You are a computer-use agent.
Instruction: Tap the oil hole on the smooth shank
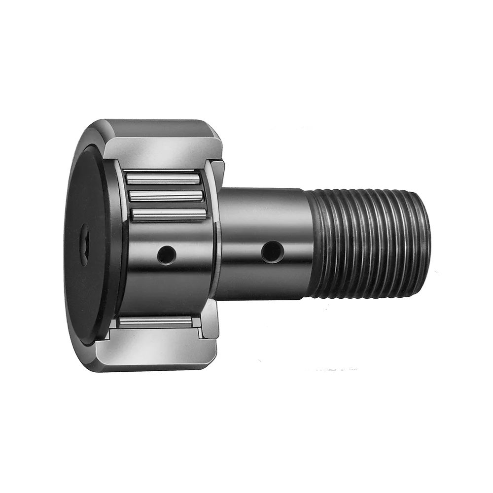click(272, 252)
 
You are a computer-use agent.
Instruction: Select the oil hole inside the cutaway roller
click(167, 255)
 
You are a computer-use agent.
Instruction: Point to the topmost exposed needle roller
click(163, 178)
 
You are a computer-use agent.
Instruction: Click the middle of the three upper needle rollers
click(166, 196)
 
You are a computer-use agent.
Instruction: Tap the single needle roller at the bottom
click(155, 322)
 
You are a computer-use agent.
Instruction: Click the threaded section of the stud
click(370, 244)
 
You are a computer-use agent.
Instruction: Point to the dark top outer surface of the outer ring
click(158, 127)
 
